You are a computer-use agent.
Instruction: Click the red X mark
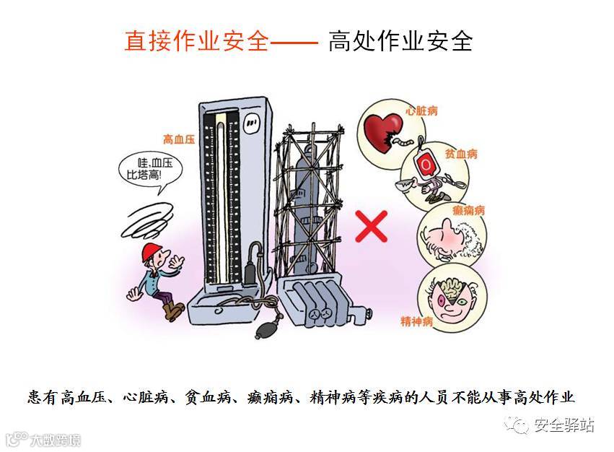click(372, 225)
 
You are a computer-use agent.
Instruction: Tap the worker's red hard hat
click(152, 251)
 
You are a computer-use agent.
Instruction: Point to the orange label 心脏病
click(422, 111)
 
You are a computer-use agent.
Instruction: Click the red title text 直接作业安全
click(197, 41)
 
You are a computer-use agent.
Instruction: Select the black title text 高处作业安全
click(400, 41)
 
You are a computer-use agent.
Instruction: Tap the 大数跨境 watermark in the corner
click(43, 439)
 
